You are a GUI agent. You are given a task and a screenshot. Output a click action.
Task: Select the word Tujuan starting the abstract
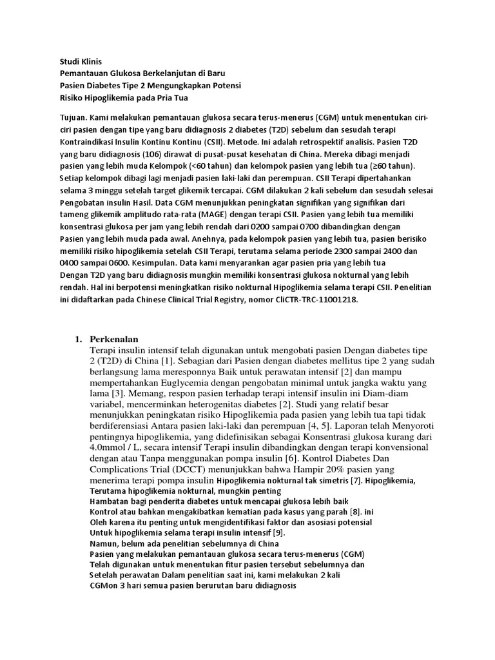pos(66,119)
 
